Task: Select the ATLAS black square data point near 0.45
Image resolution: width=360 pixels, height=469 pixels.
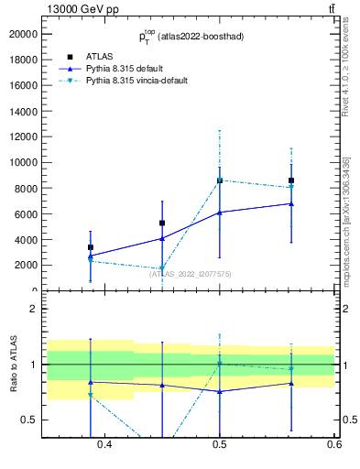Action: click(x=162, y=223)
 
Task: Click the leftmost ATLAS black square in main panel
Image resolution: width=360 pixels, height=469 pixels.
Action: click(x=91, y=247)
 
